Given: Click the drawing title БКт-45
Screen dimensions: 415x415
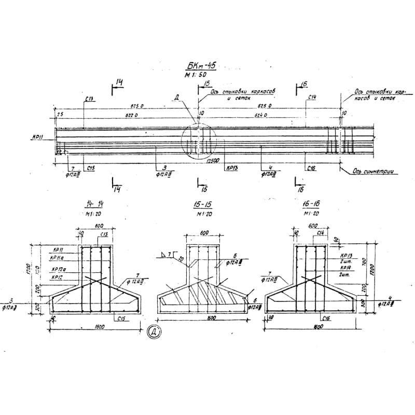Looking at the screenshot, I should (200, 66).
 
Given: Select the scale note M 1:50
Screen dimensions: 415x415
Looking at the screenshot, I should (195, 76).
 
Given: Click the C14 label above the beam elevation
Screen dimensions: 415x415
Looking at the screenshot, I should (312, 97).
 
